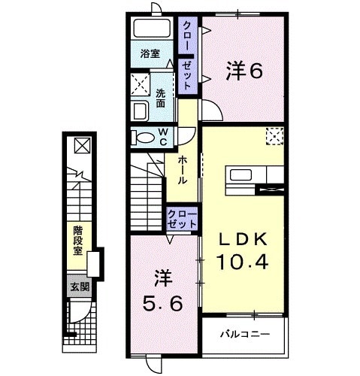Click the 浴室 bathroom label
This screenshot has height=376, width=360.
pos(150,53)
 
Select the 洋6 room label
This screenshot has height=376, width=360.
pos(244,71)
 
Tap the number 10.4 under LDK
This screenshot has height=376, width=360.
pos(243,263)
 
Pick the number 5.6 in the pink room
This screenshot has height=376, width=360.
pos(165,305)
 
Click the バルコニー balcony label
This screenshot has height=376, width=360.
pos(243,332)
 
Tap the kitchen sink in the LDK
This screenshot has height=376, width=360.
pos(243,176)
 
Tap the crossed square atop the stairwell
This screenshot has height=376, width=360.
pos(80,145)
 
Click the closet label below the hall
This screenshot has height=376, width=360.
pos(183,219)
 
